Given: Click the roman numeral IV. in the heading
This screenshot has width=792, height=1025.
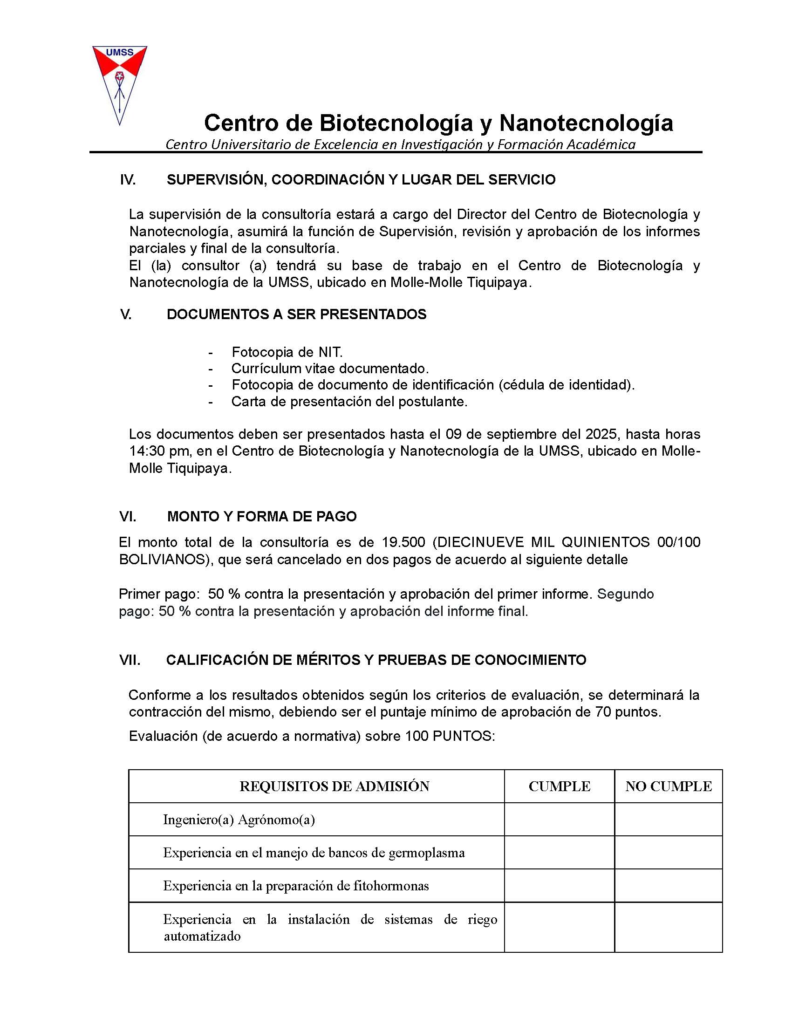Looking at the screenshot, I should point(128,180).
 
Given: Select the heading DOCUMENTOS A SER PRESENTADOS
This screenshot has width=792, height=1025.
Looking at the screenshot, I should point(296,314).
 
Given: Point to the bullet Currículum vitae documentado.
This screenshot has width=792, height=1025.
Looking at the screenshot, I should point(330,369).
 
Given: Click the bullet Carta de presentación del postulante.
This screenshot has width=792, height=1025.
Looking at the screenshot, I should point(349,402).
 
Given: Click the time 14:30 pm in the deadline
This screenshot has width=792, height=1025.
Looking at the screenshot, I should point(157,451).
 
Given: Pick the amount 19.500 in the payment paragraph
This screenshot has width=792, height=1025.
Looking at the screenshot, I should point(403,542).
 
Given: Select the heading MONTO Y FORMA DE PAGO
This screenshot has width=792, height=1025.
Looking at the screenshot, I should point(262,517).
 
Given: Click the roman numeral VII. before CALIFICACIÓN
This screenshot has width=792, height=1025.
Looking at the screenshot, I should point(130,660).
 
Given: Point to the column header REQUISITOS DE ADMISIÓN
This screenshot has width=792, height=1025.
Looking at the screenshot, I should point(334,786).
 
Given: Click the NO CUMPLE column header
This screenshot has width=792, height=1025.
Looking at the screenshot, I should point(668,786).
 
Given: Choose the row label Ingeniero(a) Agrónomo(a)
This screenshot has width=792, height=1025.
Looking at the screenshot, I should point(239,820).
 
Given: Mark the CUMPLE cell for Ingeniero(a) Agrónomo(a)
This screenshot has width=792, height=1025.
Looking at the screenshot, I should point(559,820).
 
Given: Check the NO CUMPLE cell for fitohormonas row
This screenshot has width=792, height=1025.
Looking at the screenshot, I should point(668,886).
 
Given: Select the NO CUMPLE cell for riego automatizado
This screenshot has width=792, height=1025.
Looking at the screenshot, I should point(668,927).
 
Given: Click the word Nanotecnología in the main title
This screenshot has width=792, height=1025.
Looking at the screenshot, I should point(586,123).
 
